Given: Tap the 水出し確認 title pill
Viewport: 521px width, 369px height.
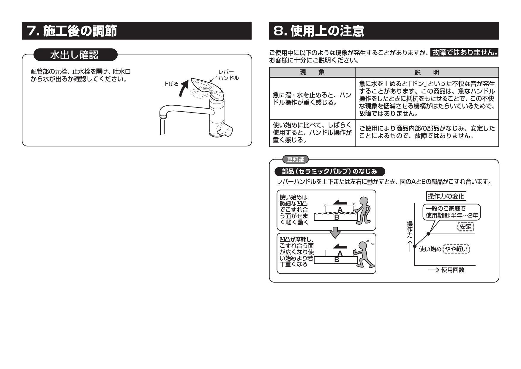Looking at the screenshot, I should coord(75,55).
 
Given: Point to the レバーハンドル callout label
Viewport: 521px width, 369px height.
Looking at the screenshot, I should coord(228,75).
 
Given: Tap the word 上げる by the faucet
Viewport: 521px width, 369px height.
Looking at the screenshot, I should coord(171,84).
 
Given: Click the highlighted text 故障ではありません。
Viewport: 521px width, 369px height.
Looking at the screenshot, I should coord(465,53).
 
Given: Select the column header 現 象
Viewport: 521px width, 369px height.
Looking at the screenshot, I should coord(312,72).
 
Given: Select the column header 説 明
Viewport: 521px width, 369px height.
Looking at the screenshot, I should coord(427,72).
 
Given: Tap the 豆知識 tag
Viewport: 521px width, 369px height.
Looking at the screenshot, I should coord(295,160).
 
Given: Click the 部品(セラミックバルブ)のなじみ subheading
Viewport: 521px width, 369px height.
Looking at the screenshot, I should coord(330,172).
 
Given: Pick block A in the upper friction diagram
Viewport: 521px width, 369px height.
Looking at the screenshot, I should coord(340,209).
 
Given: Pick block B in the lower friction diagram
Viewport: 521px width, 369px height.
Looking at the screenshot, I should coord(336,260).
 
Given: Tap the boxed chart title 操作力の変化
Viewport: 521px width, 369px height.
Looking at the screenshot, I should coord(446,196).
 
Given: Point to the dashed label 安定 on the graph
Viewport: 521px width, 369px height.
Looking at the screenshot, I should coord(465,227).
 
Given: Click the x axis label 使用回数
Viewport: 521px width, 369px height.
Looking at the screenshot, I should coord(453,270).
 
